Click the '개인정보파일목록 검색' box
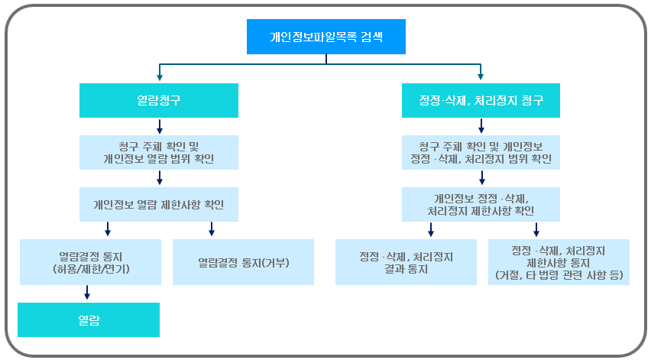point(325,36)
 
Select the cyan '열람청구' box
point(158,100)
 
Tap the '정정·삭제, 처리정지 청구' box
point(481,100)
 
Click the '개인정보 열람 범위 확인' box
point(158,152)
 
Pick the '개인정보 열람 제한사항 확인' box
point(158,204)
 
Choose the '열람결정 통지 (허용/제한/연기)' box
point(91,262)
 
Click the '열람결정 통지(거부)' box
point(243,262)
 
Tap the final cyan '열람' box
point(89,319)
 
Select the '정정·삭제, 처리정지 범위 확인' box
point(481,152)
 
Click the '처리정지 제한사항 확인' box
point(481,204)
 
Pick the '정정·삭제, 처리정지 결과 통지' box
point(406,262)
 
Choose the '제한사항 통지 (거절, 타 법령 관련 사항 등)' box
point(559,262)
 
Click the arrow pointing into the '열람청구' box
point(158,74)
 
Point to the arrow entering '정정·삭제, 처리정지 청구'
point(481,74)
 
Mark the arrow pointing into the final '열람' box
point(88,293)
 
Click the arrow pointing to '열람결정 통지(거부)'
point(212,229)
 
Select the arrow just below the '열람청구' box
point(158,126)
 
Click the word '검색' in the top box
point(361,36)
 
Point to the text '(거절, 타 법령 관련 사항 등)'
point(559,274)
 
